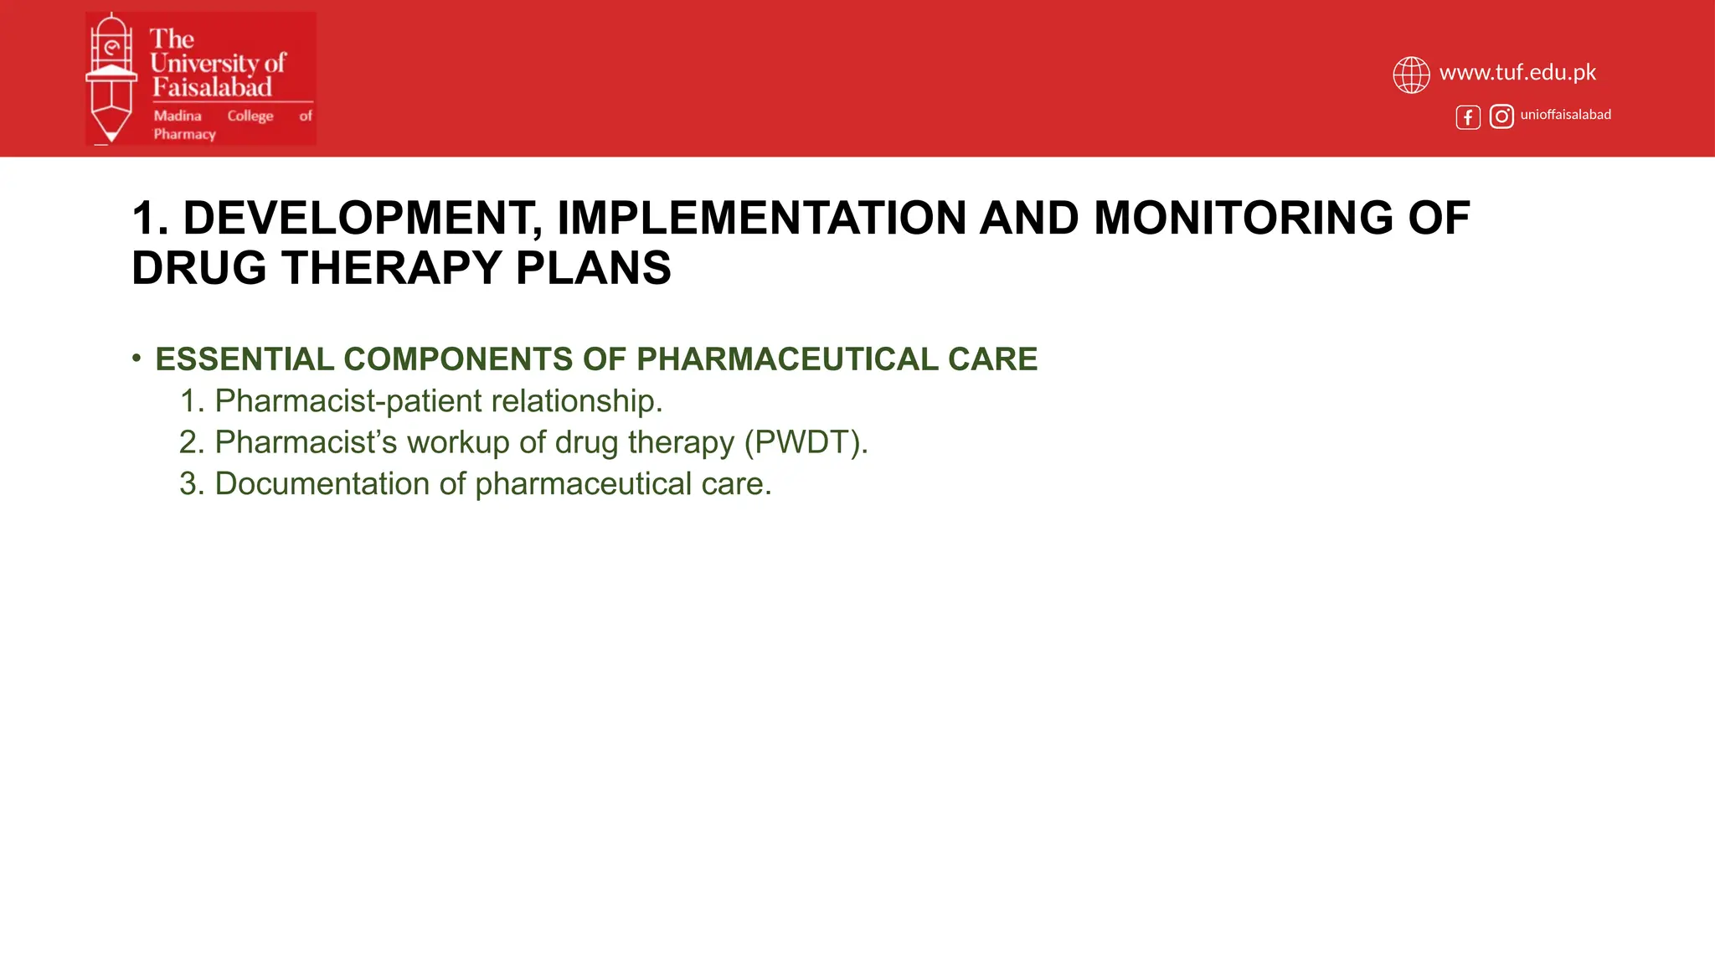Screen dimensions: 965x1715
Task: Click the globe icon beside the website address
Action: tap(1411, 75)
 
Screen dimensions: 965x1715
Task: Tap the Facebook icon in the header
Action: tap(1468, 117)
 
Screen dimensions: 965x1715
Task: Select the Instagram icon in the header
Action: tap(1501, 116)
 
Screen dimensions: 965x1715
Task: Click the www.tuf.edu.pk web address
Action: tap(1517, 73)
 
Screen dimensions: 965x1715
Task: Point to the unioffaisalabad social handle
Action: tap(1565, 115)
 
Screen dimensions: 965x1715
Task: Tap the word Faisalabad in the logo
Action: tap(212, 87)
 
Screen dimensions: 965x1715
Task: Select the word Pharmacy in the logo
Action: tap(184, 134)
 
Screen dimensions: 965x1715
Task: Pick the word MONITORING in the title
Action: tap(1244, 218)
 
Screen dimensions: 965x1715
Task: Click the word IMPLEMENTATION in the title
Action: tap(761, 218)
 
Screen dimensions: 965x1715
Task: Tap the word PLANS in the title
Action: tap(593, 268)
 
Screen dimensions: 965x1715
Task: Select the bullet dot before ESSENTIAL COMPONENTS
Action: tap(136, 359)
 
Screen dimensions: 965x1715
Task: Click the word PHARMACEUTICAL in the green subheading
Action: tap(787, 359)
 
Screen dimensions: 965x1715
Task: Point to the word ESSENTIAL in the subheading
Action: tap(245, 359)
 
